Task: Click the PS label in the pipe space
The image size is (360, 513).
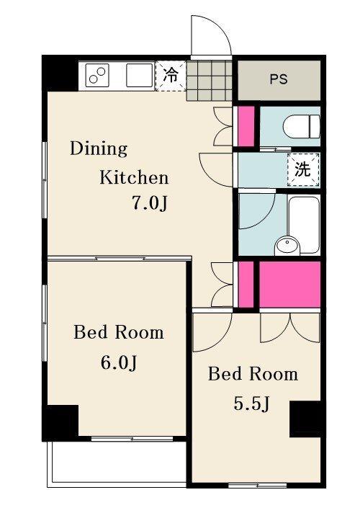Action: pyautogui.click(x=279, y=79)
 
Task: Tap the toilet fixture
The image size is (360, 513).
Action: pyautogui.click(x=302, y=127)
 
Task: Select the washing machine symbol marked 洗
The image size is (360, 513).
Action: pyautogui.click(x=303, y=169)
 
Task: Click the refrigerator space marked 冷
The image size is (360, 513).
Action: pyautogui.click(x=171, y=76)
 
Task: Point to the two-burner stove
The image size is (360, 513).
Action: pyautogui.click(x=97, y=76)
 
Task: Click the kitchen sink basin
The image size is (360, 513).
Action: pyautogui.click(x=139, y=76)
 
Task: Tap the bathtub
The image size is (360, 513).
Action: pyautogui.click(x=304, y=225)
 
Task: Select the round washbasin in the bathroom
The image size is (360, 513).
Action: pyautogui.click(x=287, y=246)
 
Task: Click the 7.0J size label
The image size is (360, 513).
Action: pyautogui.click(x=150, y=203)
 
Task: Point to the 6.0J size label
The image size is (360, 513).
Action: pyautogui.click(x=118, y=362)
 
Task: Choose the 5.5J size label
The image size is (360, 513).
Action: pyautogui.click(x=251, y=404)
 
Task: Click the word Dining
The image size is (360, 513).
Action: pyautogui.click(x=99, y=149)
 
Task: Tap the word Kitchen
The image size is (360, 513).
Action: pyautogui.click(x=134, y=178)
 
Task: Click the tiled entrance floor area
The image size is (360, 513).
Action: pyautogui.click(x=210, y=81)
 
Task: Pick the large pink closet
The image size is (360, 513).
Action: pyautogui.click(x=289, y=284)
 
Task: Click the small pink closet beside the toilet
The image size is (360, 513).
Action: pyautogui.click(x=246, y=126)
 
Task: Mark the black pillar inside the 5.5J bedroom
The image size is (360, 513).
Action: pyautogui.click(x=306, y=419)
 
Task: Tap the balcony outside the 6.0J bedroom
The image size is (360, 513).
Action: pyautogui.click(x=117, y=463)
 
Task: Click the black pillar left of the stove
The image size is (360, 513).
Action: pyautogui.click(x=60, y=73)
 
